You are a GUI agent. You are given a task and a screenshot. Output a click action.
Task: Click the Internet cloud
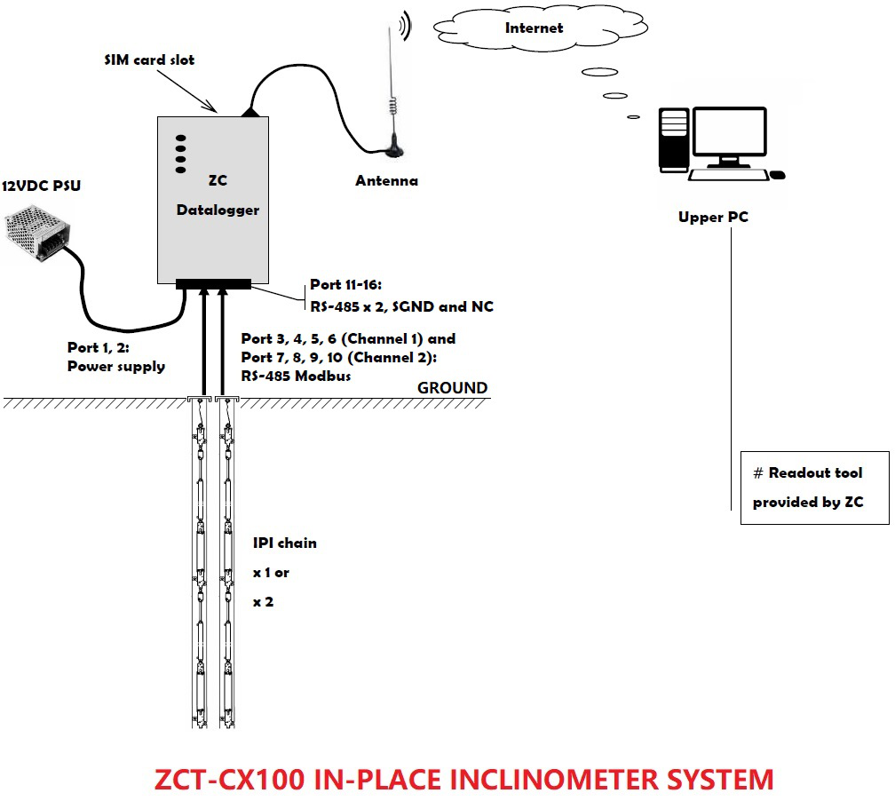[534, 28]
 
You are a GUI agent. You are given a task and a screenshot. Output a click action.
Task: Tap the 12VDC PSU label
[46, 186]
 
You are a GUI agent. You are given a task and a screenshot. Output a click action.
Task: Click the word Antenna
[386, 181]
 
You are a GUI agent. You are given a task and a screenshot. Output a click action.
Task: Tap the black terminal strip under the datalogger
[213, 284]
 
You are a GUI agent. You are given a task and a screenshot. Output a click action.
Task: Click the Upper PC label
[713, 217]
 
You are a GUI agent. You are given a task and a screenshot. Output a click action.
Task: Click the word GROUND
[452, 388]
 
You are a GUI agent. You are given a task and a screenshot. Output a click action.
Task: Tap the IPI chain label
[284, 543]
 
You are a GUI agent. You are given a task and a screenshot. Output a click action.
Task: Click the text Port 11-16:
[345, 285]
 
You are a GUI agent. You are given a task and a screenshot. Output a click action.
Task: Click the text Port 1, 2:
[99, 347]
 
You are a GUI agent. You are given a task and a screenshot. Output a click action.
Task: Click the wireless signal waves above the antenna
[406, 27]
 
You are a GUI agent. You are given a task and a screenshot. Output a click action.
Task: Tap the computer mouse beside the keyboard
[777, 175]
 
